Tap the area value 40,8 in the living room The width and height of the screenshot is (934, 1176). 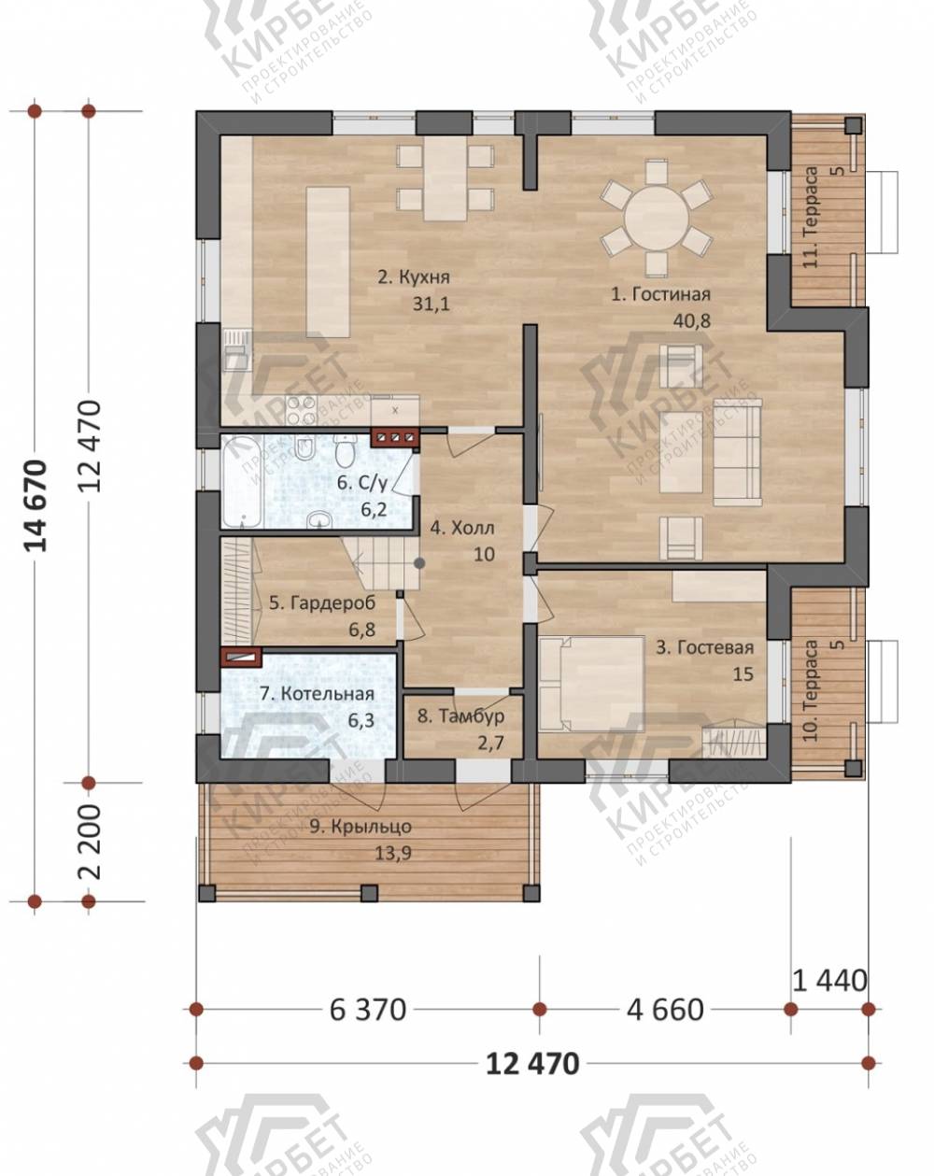[x=681, y=316]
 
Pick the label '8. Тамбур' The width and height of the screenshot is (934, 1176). [x=454, y=704]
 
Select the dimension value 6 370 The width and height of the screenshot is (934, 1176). [x=361, y=1001]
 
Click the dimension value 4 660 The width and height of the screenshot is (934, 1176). [x=655, y=1001]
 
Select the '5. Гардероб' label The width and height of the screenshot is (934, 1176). [x=317, y=593]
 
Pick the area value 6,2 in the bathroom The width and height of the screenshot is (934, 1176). [x=368, y=501]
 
